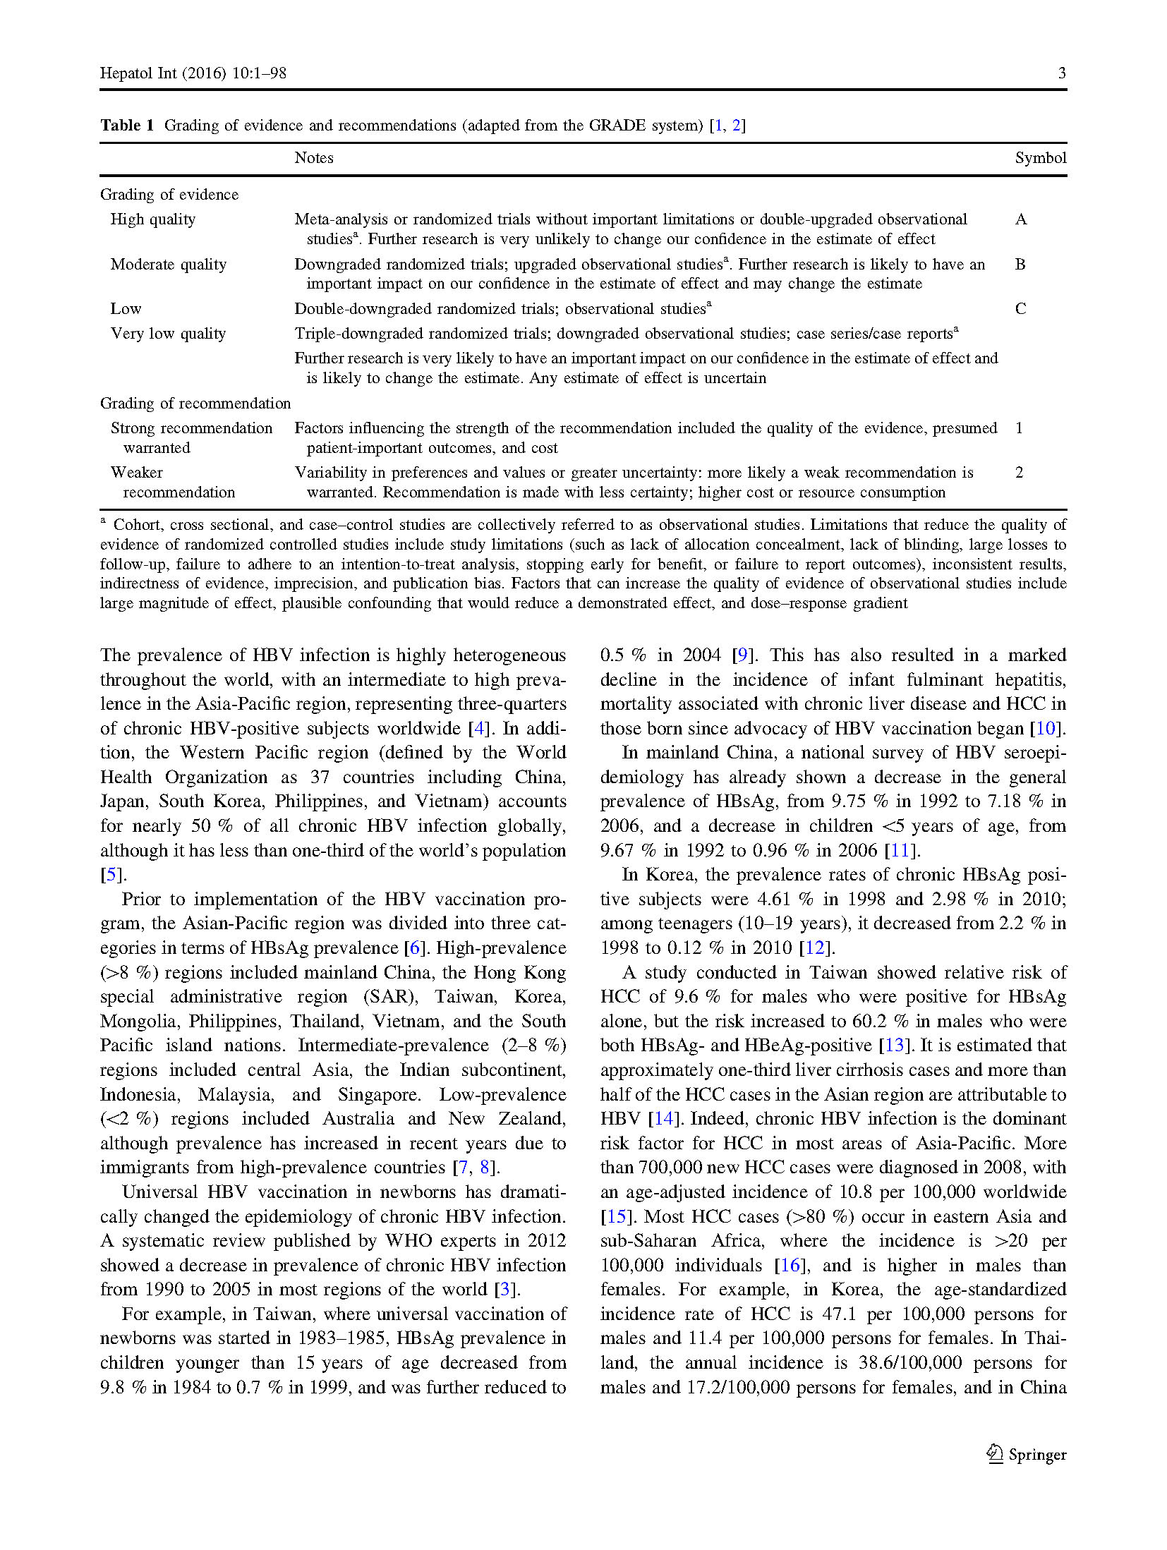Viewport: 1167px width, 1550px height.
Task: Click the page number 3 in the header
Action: tap(1061, 73)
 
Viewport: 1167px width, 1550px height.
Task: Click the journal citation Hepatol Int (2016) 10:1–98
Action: tap(193, 73)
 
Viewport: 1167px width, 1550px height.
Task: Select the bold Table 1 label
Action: tap(127, 126)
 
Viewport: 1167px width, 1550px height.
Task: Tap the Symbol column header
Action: tap(1040, 158)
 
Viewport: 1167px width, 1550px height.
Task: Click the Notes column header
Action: tap(314, 158)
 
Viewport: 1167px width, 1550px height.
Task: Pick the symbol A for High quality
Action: tap(1020, 219)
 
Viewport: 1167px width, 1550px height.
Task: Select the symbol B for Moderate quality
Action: tap(1020, 265)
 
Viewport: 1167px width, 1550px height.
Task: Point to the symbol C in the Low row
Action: tap(1020, 309)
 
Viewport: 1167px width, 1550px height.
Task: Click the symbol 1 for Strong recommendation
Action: tap(1019, 428)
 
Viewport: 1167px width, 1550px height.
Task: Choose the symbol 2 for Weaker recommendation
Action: tap(1019, 473)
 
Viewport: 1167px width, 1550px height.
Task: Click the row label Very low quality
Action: tap(168, 334)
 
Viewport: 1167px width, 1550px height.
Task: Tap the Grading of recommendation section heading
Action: tap(195, 404)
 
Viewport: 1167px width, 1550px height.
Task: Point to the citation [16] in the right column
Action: tap(790, 1265)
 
